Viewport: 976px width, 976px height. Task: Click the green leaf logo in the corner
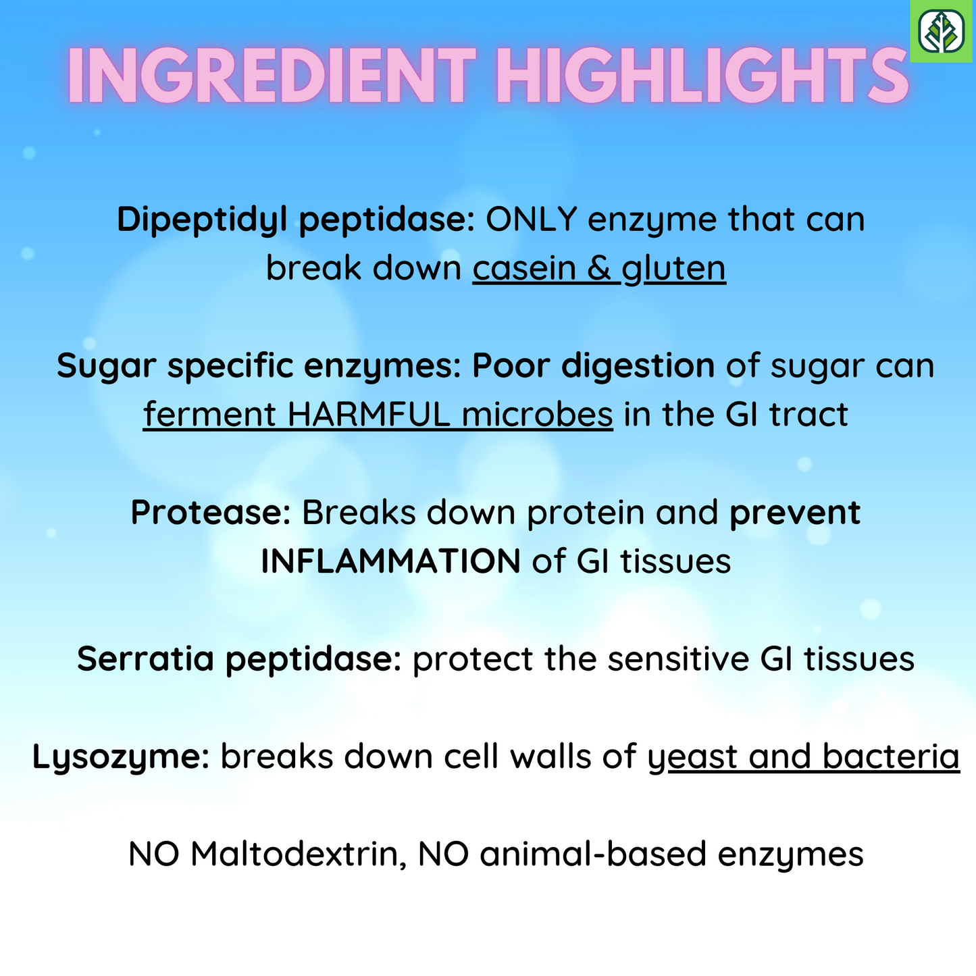[942, 31]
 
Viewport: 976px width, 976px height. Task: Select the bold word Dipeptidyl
[202, 220]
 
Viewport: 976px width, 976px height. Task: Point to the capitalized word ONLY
[532, 220]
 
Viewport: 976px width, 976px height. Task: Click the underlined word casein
[525, 268]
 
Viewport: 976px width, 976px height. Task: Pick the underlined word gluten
[674, 269]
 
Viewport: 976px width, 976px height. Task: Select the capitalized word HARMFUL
[369, 414]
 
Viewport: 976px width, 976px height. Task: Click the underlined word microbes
[538, 414]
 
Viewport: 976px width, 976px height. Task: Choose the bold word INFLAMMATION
[391, 561]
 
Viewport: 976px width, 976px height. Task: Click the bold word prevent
[795, 513]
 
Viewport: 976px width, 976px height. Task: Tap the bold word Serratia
[145, 659]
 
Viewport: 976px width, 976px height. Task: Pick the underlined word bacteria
[891, 756]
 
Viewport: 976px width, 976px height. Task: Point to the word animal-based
[593, 854]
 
